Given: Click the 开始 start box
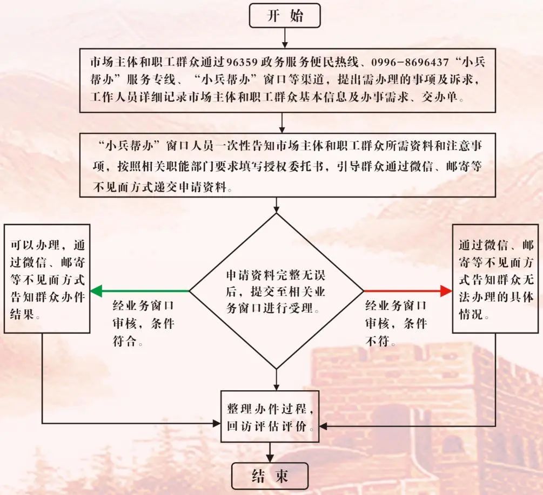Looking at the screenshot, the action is click(285, 16).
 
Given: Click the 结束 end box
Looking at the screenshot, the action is click(270, 476).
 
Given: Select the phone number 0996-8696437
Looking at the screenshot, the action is click(410, 62).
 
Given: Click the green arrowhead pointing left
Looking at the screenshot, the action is click(96, 291).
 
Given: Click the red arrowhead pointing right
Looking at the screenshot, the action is click(446, 291).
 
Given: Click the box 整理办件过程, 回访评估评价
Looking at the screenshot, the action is click(270, 417).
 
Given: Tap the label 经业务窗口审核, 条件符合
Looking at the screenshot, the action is click(143, 323).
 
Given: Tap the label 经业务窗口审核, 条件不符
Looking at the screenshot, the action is click(396, 323).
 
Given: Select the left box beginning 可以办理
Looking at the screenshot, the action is click(47, 279).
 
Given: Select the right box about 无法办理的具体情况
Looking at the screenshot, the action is click(495, 279).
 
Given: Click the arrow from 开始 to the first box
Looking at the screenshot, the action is click(285, 38).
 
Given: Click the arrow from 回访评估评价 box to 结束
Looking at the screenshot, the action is click(270, 452).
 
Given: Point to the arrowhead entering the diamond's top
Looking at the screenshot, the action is click(276, 209).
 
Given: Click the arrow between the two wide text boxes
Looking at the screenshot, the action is click(282, 123).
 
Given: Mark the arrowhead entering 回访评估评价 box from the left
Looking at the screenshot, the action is click(217, 423).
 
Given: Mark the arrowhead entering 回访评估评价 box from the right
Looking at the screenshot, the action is click(323, 426).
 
